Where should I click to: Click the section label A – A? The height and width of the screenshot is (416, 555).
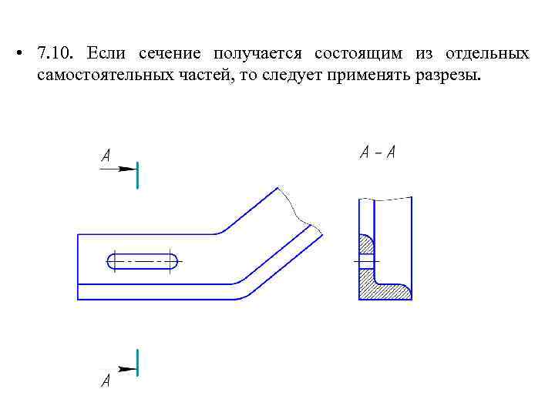[x=378, y=153]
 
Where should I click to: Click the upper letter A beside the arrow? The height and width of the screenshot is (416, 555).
[x=106, y=156]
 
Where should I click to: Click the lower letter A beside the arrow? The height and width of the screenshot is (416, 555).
[x=106, y=381]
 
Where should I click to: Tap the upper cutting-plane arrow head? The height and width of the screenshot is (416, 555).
[x=128, y=169]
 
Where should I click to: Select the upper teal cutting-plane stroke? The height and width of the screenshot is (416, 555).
[x=137, y=175]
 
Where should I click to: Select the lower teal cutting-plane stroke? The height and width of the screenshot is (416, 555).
[x=137, y=362]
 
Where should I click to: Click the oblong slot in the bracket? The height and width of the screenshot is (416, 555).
[x=143, y=261]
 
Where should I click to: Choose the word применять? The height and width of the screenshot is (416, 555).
[x=374, y=77]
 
